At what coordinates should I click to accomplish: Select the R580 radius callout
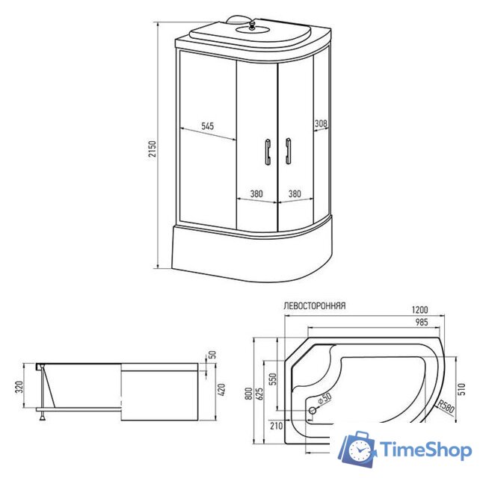click(x=446, y=409)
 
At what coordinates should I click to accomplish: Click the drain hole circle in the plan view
click(x=313, y=409)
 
